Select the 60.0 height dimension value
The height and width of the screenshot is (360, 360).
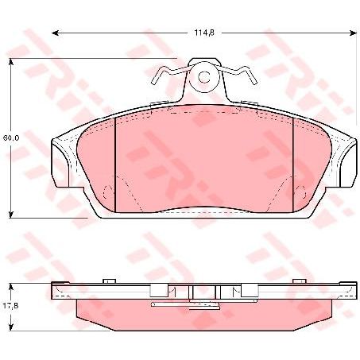point(10,138)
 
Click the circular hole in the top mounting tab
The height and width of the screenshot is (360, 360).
point(203,78)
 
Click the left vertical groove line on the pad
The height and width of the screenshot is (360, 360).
point(116,163)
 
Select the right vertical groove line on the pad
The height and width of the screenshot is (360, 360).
point(293,163)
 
